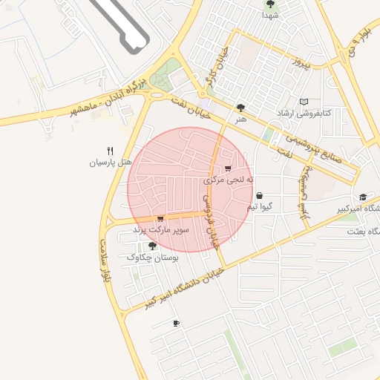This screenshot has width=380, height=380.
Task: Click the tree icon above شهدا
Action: click(269, 4)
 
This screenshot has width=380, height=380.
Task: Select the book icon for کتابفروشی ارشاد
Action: click(303, 102)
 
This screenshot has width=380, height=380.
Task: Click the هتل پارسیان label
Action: click(110, 162)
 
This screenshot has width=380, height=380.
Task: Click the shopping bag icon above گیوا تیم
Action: click(259, 195)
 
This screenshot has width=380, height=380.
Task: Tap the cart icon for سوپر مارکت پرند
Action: click(160, 219)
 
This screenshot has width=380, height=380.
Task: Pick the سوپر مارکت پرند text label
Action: click(161, 231)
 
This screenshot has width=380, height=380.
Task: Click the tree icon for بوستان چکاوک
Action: click(152, 246)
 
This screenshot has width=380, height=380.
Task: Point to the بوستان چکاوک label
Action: click(153, 258)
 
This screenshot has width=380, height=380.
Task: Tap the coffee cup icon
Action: click(176, 323)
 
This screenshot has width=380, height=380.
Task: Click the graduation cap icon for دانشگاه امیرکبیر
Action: click(363, 197)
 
